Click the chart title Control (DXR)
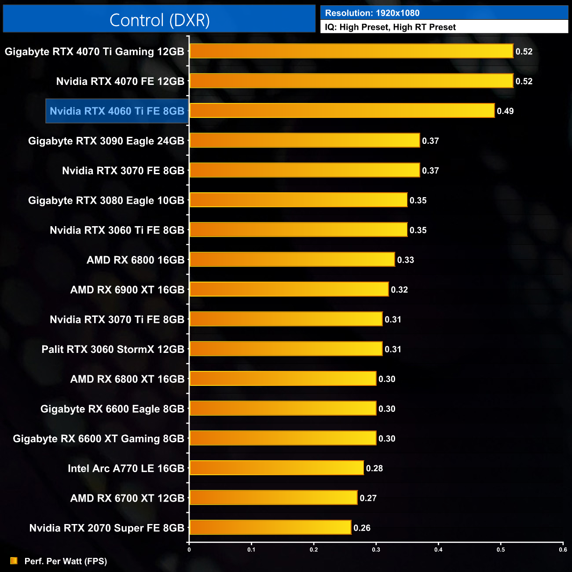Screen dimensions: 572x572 tap(159, 20)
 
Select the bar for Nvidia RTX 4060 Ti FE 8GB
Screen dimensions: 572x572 tap(342, 111)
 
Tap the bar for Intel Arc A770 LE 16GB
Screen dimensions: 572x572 tap(276, 468)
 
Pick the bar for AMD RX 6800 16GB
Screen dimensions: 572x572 tap(292, 260)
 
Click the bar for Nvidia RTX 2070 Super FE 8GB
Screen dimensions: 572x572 tap(270, 528)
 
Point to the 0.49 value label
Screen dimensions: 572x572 tap(505, 111)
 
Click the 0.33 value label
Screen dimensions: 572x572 tap(405, 260)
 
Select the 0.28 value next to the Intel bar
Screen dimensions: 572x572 tap(374, 469)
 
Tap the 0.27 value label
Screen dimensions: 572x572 tap(368, 498)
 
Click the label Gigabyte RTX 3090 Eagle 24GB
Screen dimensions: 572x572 tap(106, 141)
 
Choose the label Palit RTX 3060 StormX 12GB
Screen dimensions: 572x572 tap(113, 349)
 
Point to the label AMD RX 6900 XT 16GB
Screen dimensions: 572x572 tap(127, 290)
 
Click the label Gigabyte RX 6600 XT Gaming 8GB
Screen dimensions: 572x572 tap(99, 439)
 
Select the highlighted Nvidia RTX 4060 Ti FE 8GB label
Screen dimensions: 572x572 tap(117, 111)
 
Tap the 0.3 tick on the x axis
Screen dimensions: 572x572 tap(376, 550)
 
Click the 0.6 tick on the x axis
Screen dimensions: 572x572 tap(563, 550)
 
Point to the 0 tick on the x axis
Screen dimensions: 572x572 tap(189, 550)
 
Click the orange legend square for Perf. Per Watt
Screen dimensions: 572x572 tap(14, 561)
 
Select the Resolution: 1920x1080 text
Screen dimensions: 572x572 tap(372, 13)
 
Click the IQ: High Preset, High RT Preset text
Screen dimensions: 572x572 tap(390, 27)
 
